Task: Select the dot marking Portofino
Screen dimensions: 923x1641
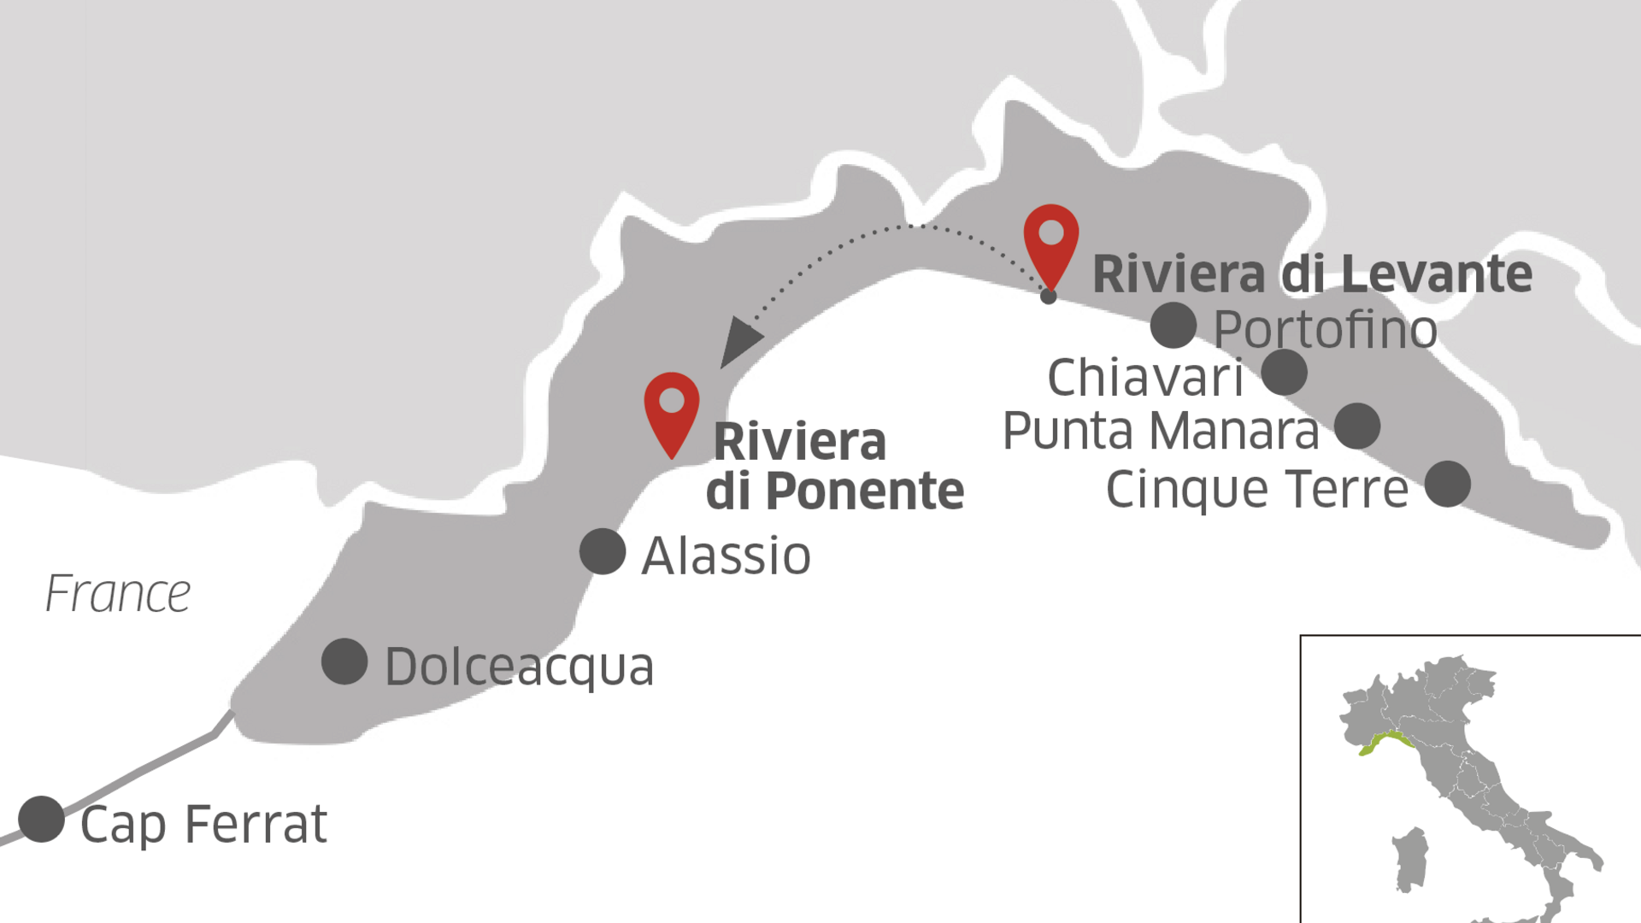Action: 1173,325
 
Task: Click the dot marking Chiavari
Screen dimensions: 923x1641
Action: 1284,372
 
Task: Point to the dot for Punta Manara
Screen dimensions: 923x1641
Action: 1356,426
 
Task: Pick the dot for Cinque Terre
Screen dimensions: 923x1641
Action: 1447,484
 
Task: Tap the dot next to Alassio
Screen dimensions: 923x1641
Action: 603,551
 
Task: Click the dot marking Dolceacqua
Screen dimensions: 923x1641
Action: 344,661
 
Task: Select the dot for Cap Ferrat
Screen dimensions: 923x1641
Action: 41,819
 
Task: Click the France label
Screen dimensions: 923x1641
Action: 118,594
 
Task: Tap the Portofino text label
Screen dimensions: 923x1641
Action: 1325,330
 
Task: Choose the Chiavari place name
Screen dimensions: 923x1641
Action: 1145,378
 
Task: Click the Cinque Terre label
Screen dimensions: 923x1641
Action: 1256,489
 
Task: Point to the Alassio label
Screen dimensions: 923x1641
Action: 726,556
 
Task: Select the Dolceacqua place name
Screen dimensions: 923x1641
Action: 519,667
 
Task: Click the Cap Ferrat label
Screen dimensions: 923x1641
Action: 203,824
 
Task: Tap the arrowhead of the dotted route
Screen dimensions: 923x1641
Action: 738,341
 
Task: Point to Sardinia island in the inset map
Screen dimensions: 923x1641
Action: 1410,859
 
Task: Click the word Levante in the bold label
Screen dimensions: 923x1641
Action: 1436,273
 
